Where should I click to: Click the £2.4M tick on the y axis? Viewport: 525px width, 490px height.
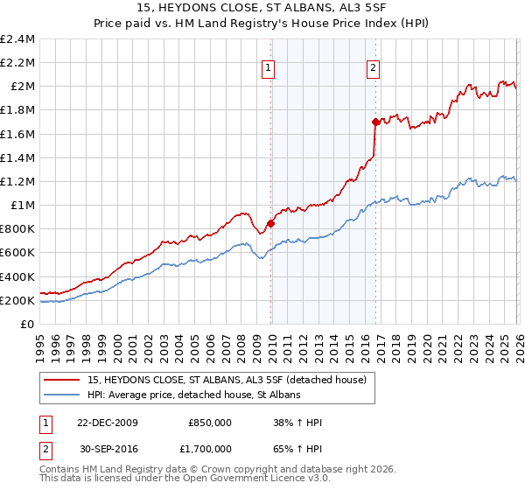tap(18, 39)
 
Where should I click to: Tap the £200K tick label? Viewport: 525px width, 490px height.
tap(18, 301)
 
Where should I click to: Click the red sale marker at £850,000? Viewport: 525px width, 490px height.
tap(270, 223)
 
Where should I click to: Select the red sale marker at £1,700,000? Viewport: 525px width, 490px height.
tap(375, 122)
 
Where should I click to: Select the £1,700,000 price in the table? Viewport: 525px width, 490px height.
tap(209, 451)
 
